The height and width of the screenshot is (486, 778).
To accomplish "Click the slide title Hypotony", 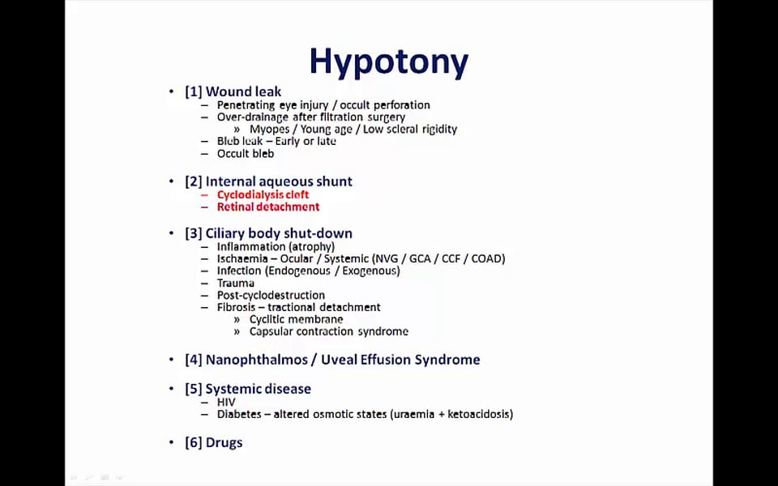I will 389,62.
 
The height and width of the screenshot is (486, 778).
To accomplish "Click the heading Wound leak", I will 243,92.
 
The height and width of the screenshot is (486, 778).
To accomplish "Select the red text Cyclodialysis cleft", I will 263,194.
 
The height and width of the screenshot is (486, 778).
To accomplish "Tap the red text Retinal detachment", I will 267,207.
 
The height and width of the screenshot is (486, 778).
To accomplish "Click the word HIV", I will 226,402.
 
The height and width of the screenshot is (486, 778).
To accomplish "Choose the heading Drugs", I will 224,442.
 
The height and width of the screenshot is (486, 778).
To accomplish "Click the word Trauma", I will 236,283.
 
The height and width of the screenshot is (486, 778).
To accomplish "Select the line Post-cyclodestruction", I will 271,296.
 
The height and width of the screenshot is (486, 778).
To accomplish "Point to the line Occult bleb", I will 246,153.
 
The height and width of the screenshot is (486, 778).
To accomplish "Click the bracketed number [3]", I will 193,233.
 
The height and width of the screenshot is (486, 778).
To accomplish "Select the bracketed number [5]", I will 193,389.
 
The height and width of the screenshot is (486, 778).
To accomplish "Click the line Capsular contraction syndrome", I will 328,331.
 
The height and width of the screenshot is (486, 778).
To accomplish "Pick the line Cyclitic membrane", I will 296,319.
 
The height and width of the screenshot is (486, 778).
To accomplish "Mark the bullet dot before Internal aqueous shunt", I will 171,181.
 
